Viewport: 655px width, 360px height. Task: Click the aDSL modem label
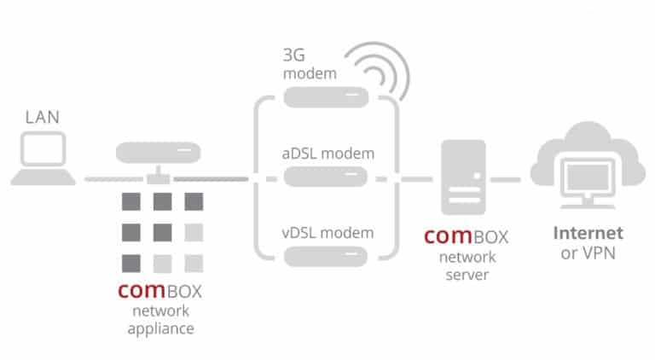[x=327, y=154]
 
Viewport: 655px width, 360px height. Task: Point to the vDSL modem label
[x=327, y=232]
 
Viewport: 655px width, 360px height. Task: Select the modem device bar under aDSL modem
[x=326, y=177]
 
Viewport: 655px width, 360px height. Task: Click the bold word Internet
[x=588, y=233]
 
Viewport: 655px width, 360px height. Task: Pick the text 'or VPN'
[x=588, y=253]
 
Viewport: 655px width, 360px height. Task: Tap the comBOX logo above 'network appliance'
[x=160, y=290]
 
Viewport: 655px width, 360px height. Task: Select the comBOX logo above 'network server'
[x=466, y=235]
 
